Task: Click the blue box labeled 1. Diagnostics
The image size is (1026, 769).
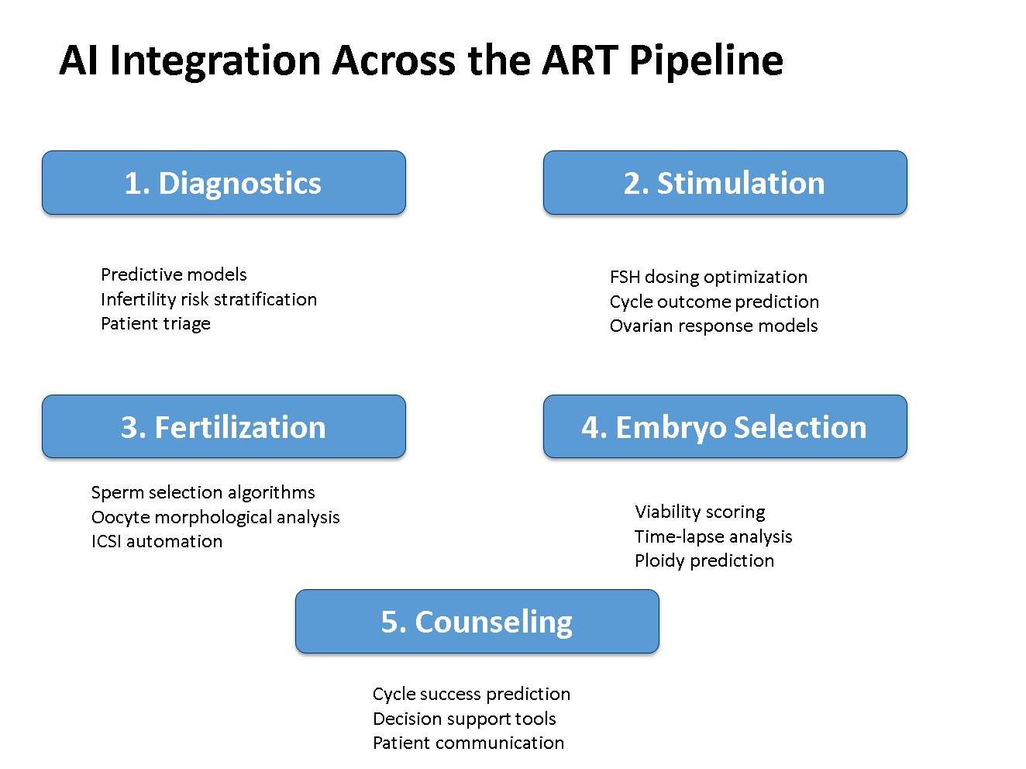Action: (x=223, y=182)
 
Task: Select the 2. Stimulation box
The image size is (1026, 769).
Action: (x=725, y=182)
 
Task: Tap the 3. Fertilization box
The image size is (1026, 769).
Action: (x=223, y=426)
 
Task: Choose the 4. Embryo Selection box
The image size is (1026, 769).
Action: (x=725, y=426)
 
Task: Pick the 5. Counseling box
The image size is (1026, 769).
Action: (x=477, y=621)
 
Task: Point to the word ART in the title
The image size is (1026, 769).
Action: (x=580, y=60)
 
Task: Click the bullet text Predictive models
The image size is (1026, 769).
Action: (x=174, y=274)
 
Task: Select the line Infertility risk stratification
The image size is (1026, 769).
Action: (x=209, y=299)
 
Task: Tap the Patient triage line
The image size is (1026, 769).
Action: (x=156, y=324)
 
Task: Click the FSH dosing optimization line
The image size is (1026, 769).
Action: (x=708, y=278)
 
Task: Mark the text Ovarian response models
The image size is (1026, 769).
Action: (x=714, y=326)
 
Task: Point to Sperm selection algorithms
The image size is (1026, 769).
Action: (x=203, y=493)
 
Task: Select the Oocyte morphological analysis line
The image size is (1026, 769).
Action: (x=215, y=518)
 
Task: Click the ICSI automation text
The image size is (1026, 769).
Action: (x=157, y=541)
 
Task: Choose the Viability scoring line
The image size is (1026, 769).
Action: (x=700, y=512)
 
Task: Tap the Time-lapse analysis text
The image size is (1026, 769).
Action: (x=713, y=536)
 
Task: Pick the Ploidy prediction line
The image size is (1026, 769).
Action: (x=704, y=561)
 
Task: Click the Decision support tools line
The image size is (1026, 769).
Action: (x=464, y=719)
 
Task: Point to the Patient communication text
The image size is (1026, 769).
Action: (x=468, y=743)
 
